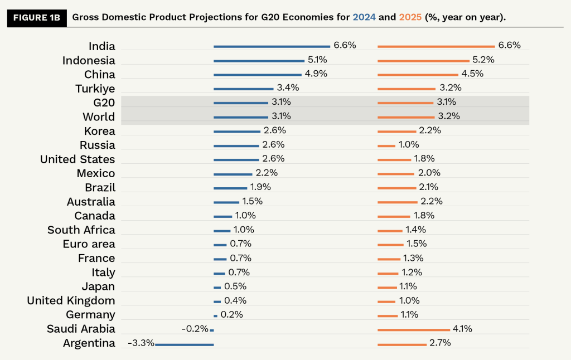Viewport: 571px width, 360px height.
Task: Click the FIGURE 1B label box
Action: (x=36, y=17)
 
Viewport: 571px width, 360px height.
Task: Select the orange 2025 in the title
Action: (x=410, y=17)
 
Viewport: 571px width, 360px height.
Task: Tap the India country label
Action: (x=101, y=46)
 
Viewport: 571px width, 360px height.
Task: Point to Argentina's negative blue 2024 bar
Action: (x=184, y=344)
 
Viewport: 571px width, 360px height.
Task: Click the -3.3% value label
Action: (x=141, y=343)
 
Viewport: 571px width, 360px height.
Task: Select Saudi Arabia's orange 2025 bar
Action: (x=413, y=330)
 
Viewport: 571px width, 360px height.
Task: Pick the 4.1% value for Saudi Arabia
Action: (x=462, y=329)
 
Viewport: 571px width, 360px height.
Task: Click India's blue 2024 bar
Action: (x=272, y=47)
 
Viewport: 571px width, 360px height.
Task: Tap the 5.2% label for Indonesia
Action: (x=484, y=60)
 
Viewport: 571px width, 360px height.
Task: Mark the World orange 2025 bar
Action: (x=406, y=118)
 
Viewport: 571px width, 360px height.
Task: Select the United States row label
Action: (x=78, y=159)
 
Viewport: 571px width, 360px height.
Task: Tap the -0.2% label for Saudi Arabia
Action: (x=195, y=329)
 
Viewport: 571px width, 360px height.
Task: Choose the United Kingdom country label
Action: (x=71, y=301)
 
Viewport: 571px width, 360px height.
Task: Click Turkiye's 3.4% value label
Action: (x=288, y=87)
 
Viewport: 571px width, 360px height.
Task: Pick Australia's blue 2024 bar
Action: (x=226, y=202)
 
